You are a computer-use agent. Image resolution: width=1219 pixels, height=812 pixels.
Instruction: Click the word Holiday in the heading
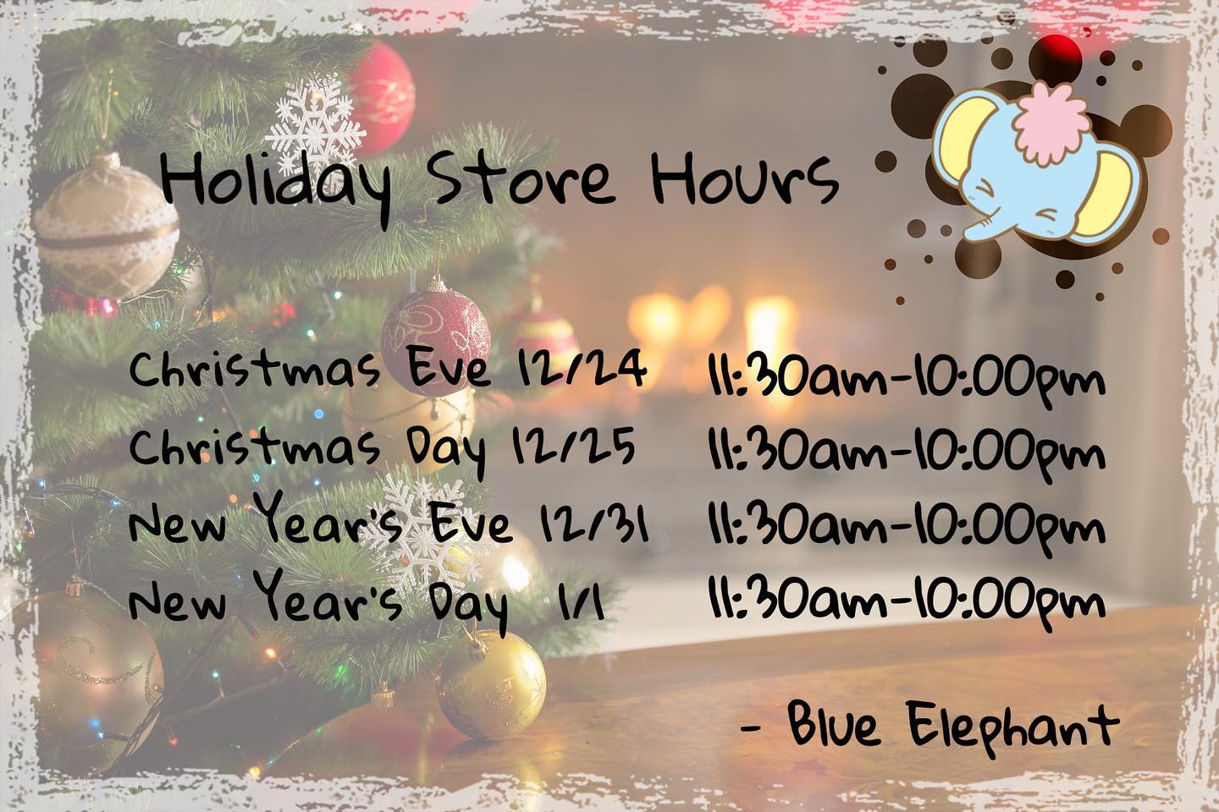[275, 185]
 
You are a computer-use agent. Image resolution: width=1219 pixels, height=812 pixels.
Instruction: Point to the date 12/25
[574, 445]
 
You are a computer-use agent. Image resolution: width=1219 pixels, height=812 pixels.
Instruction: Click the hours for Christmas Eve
[907, 379]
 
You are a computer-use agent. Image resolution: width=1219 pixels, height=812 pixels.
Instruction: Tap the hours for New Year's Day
[907, 603]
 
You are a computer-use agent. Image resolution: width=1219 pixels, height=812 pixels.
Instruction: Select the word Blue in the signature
[833, 724]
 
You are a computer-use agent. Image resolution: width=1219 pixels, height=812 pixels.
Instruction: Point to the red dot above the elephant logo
[1056, 54]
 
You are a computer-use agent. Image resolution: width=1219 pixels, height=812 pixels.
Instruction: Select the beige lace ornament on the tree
[106, 228]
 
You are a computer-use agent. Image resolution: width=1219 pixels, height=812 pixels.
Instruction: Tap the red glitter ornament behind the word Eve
[436, 342]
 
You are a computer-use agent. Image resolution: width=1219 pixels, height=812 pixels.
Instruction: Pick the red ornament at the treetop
[382, 98]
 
